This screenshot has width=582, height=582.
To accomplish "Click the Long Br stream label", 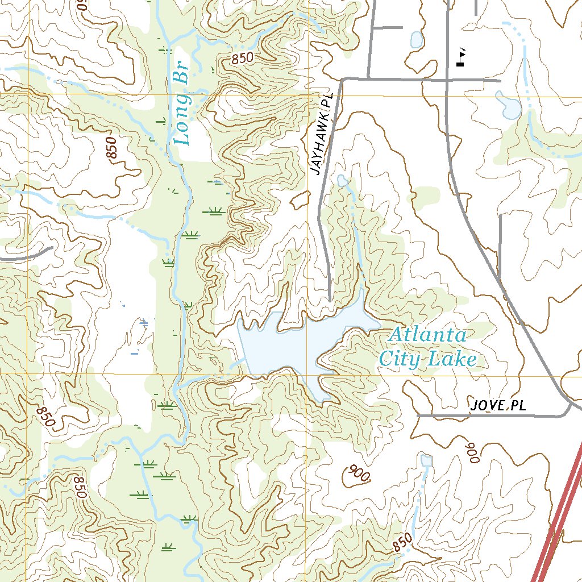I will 182,108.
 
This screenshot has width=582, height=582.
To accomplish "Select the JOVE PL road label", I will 498,405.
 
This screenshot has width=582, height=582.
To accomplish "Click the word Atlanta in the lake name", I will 427,335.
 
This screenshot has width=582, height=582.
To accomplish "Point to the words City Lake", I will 427,359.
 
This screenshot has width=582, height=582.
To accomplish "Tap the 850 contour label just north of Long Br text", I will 242,59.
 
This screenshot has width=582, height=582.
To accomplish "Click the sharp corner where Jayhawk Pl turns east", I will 342,81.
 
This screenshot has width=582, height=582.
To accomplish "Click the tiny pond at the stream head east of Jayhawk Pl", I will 342,180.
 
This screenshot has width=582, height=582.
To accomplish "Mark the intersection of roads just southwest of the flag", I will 447,80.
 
